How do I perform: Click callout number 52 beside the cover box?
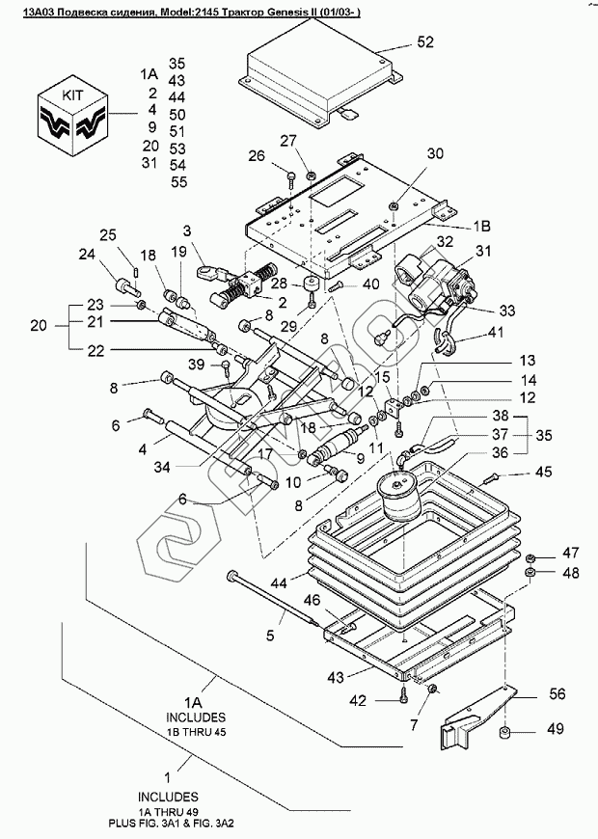pos(425,41)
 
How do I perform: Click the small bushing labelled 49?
pos(504,738)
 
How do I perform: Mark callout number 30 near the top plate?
pos(435,153)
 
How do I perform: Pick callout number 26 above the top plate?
pos(255,156)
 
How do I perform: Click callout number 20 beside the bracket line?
pos(38,326)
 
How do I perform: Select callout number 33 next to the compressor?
pos(507,311)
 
